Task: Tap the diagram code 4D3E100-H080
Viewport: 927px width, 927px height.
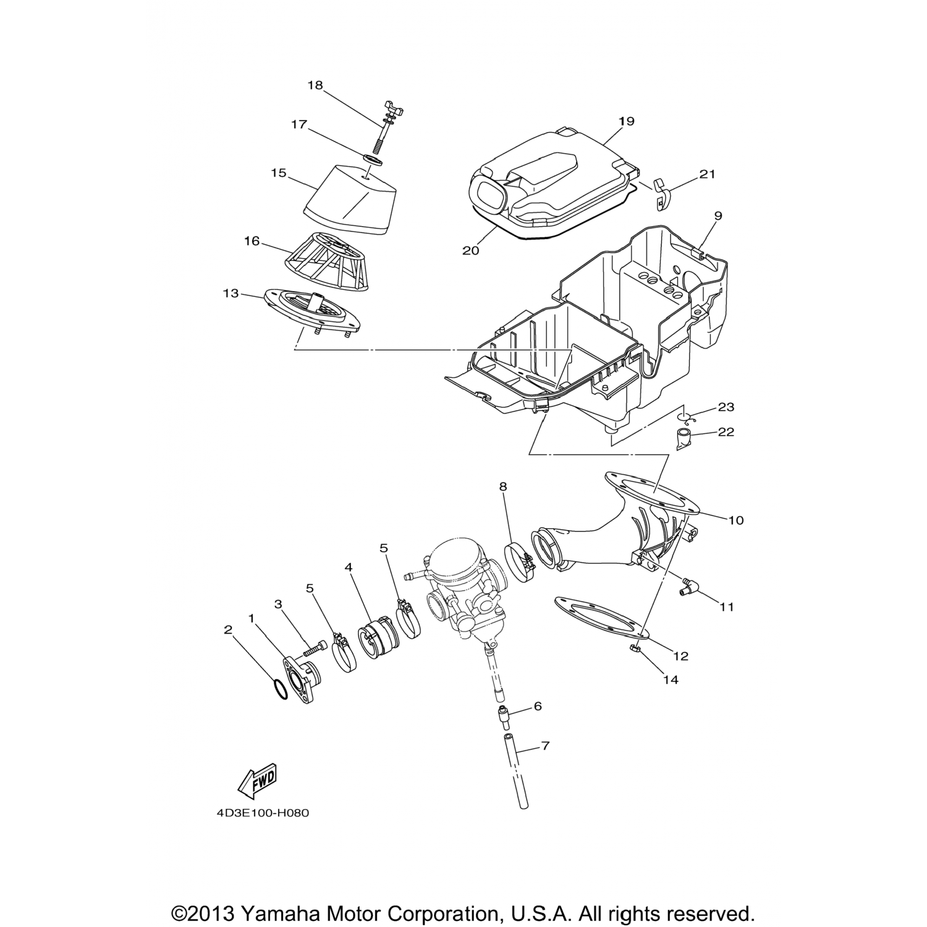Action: [x=263, y=813]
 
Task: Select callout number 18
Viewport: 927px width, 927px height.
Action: [x=315, y=85]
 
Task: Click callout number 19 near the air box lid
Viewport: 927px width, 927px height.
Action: [x=626, y=121]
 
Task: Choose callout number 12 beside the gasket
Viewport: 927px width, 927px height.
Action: [x=681, y=656]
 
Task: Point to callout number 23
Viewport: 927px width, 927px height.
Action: [x=726, y=407]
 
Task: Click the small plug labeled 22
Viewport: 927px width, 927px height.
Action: [x=684, y=440]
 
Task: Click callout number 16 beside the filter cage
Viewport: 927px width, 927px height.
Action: [x=252, y=241]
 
